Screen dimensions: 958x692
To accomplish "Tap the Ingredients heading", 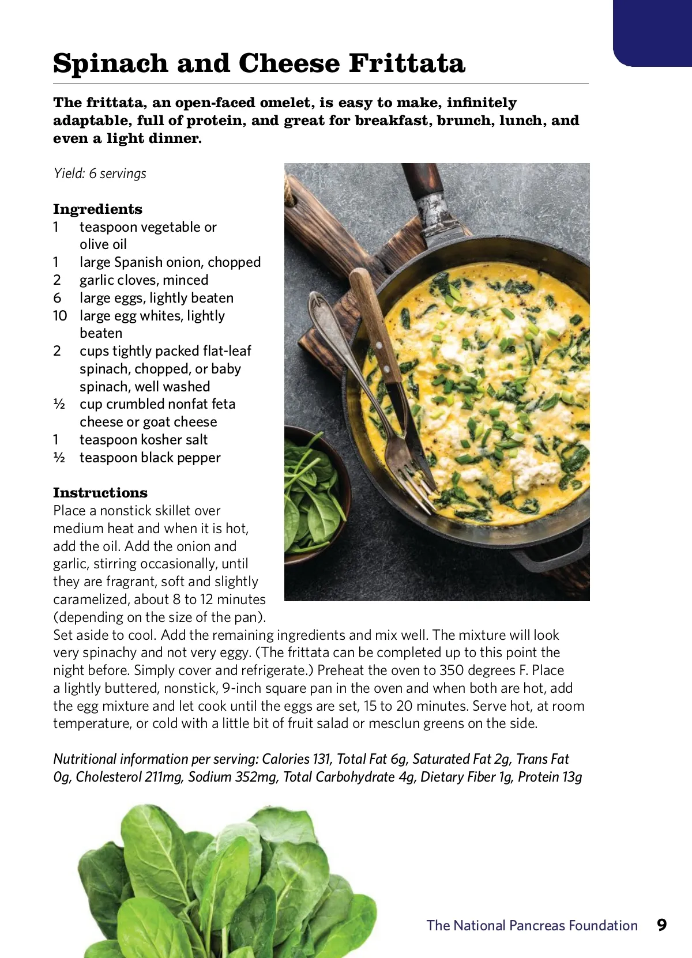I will [97, 209].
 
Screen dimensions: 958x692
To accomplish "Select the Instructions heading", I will [100, 493].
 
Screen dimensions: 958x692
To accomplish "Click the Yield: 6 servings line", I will [100, 174].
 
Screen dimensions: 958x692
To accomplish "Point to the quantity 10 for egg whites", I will [60, 316].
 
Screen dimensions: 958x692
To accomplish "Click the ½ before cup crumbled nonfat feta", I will [59, 404].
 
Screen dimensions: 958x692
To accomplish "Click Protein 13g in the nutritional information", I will [550, 777].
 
